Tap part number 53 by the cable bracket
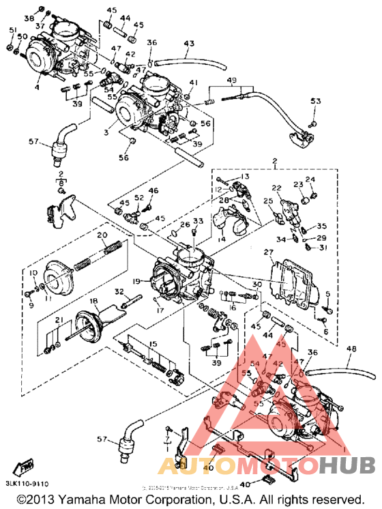tap(315, 102)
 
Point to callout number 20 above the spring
tap(102, 235)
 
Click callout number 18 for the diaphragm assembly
tap(94, 301)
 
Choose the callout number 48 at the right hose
tap(351, 348)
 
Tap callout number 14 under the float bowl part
tap(222, 240)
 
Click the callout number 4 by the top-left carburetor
tap(38, 87)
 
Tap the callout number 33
tap(199, 221)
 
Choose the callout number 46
tap(153, 190)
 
